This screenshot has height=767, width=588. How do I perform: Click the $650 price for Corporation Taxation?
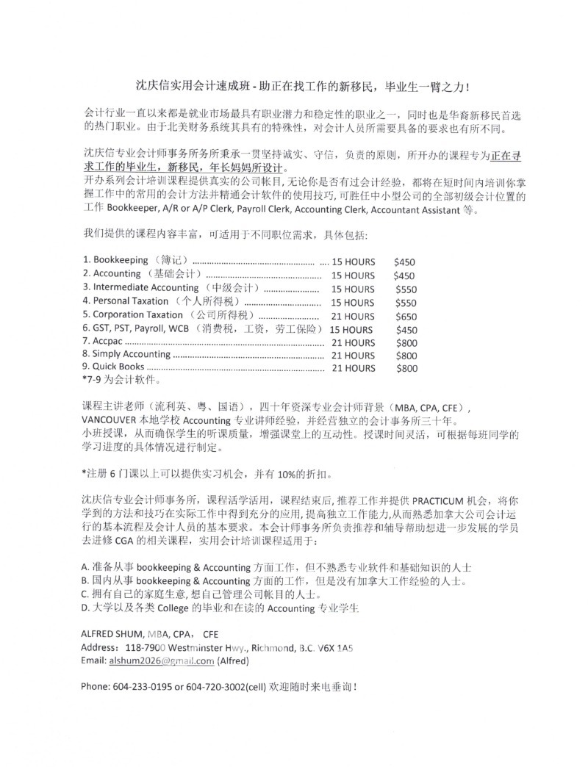(406, 316)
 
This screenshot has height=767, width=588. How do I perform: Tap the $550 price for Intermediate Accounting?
(406, 289)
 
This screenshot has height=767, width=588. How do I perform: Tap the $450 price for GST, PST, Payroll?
(406, 329)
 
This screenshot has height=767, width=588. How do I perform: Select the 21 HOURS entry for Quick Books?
(353, 368)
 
